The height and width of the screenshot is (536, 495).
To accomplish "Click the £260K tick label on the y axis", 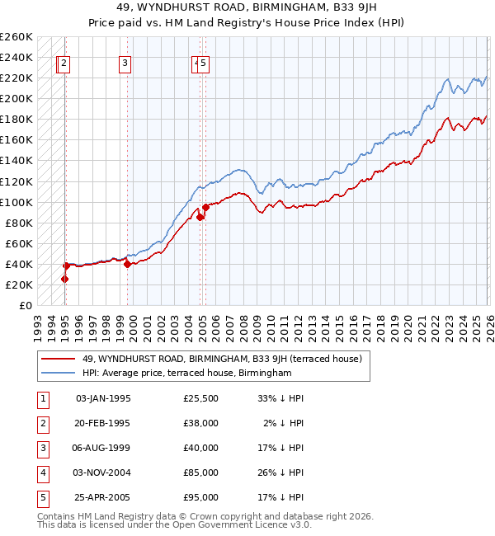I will [x=16, y=37].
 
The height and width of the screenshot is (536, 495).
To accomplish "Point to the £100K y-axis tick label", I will [x=16, y=202].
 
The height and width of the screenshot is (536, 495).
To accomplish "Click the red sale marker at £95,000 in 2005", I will [x=205, y=207].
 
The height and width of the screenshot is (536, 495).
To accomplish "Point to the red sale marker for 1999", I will [x=127, y=264].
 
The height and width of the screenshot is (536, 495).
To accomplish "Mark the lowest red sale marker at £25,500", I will [x=64, y=279].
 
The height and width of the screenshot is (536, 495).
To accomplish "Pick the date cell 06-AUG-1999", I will [x=103, y=448].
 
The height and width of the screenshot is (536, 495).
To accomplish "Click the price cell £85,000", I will [x=201, y=473].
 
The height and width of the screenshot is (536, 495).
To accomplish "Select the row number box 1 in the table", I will [x=42, y=398].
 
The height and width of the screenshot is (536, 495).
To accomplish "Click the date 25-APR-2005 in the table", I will [x=103, y=497].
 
